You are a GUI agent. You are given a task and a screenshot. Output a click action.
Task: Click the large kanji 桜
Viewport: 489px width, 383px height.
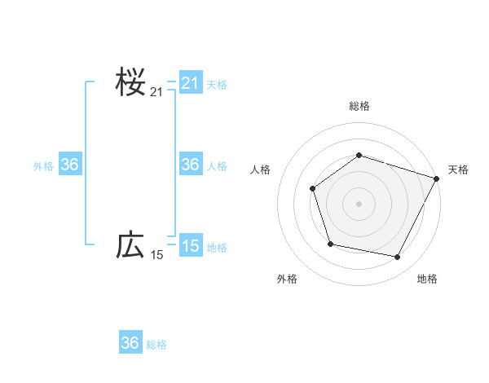130,82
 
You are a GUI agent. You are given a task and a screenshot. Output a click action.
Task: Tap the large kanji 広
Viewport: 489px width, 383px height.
130,244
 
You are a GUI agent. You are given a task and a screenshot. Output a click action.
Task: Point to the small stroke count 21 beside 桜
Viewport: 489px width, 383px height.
156,92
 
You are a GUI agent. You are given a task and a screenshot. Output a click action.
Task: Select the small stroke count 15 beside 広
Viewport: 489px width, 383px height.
156,255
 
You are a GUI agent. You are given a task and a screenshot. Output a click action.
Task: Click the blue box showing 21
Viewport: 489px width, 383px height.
190,83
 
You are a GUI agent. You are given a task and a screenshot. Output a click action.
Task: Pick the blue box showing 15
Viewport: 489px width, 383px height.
190,245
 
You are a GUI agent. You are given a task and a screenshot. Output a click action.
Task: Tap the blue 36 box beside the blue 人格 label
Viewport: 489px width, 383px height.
190,165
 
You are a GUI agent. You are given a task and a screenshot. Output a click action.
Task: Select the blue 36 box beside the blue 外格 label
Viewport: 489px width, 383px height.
69,165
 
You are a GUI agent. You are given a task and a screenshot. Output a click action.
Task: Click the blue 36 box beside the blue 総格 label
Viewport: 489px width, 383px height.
130,343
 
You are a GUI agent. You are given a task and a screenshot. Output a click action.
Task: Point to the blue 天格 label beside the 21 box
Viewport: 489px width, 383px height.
217,84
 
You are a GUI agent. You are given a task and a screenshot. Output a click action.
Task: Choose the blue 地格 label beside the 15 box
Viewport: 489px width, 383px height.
217,247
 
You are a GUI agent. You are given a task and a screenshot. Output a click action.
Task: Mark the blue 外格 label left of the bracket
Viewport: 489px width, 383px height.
43,165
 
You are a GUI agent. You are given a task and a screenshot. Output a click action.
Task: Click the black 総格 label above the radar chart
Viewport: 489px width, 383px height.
359,106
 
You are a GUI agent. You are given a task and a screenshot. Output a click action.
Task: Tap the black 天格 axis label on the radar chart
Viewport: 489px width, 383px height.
458,169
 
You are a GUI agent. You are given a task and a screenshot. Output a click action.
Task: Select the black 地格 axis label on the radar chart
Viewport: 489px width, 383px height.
427,279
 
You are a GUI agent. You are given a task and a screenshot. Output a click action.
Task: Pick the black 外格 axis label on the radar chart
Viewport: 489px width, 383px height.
287,279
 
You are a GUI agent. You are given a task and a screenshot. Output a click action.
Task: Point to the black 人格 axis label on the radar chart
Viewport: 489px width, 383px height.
260,169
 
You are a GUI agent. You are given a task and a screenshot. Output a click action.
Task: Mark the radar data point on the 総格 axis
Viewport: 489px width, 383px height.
359,155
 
